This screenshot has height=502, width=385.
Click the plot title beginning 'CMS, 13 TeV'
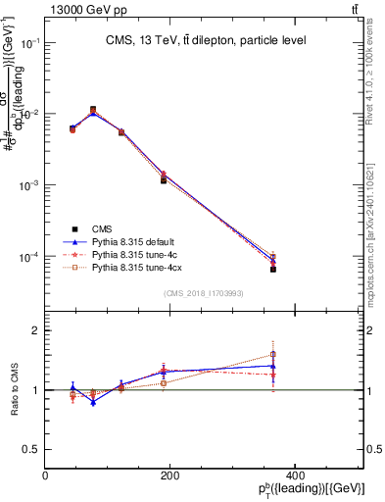click(206, 40)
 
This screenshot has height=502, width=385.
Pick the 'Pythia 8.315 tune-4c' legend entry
click(122, 253)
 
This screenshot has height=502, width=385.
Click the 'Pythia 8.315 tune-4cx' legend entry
click(125, 266)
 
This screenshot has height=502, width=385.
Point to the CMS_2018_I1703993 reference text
click(205, 293)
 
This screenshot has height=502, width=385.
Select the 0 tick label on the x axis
click(45, 475)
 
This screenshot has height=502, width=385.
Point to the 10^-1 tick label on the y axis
click(27, 44)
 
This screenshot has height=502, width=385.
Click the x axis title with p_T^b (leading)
click(304, 490)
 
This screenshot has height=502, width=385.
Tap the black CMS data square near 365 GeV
click(273, 269)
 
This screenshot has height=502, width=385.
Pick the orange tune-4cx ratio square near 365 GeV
click(273, 354)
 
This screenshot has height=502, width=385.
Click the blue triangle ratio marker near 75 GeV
click(93, 402)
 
